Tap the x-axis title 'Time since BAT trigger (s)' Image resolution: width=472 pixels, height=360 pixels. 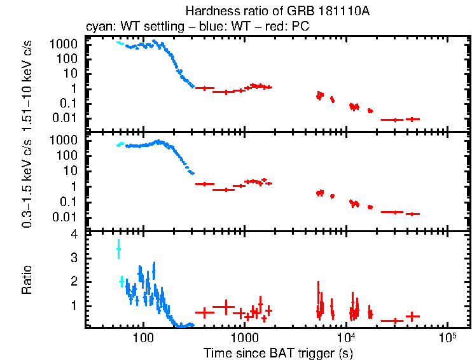[x=278, y=352]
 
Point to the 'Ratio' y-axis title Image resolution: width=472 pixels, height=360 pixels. [x=27, y=280]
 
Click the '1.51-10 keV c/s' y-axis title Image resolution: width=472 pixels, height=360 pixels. [x=27, y=84]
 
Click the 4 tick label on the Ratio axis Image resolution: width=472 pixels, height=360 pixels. [x=74, y=235]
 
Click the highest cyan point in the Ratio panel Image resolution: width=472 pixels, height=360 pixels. [x=118, y=249]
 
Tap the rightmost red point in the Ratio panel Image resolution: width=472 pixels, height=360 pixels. [x=413, y=316]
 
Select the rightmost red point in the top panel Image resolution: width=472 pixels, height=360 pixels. [x=413, y=119]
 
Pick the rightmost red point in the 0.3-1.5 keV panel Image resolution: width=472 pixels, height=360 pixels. [x=413, y=214]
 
